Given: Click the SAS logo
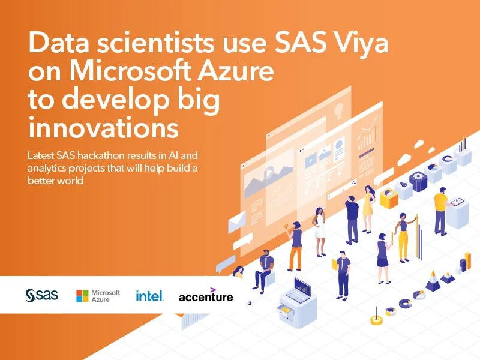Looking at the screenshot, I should point(41,295).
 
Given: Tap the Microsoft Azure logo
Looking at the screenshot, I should point(98,295).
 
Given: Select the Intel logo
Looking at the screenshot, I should point(149,295).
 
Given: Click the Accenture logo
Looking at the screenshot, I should point(206,295).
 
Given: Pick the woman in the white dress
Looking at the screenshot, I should point(320,223).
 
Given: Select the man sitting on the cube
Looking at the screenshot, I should point(265,268).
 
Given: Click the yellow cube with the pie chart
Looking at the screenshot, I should point(389,197).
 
